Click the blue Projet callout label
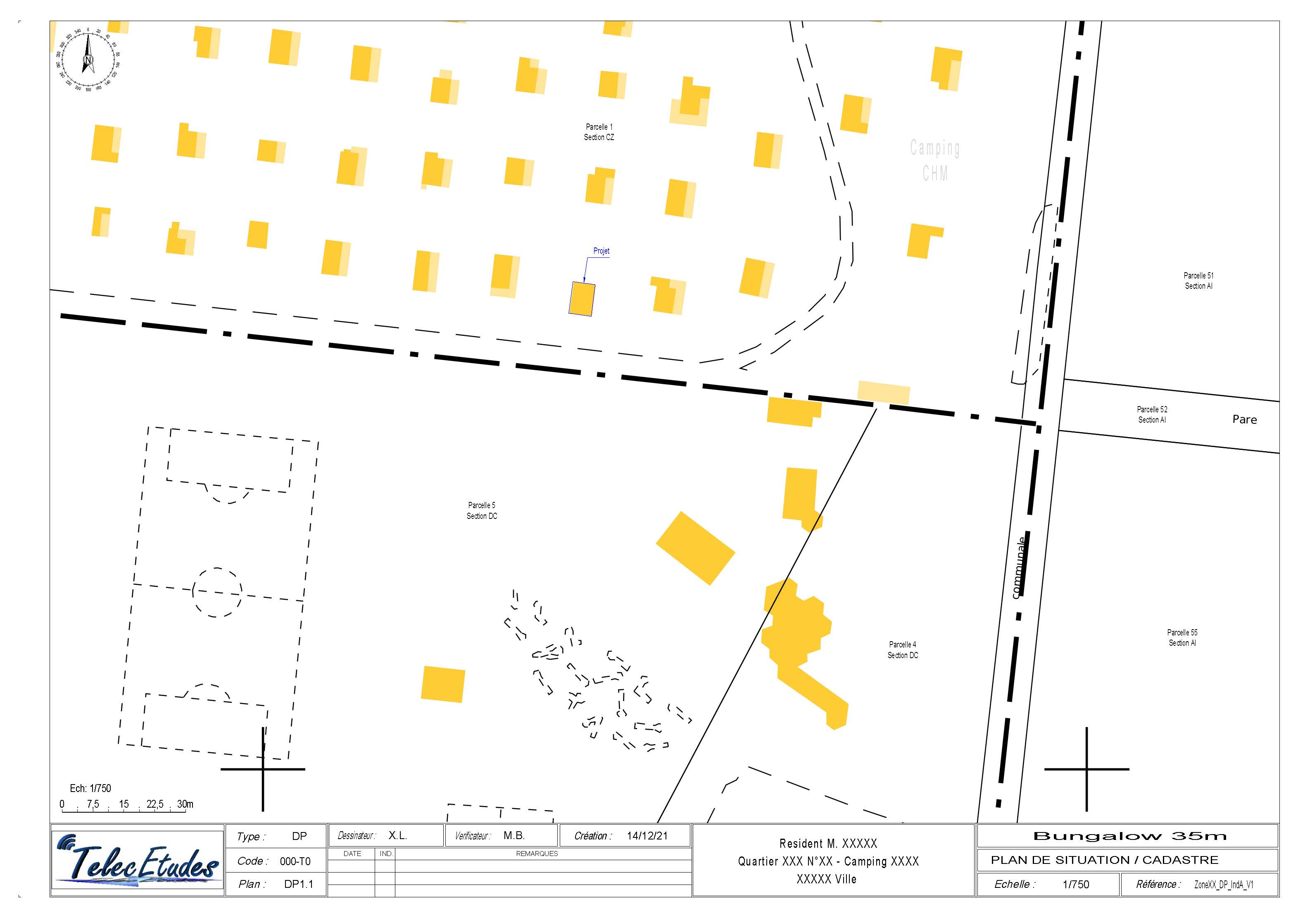[x=601, y=251]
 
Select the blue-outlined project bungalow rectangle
[x=581, y=299]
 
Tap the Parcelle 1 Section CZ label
[x=599, y=132]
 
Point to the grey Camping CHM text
[x=935, y=160]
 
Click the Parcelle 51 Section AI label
[x=1198, y=281]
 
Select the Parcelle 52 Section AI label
[x=1152, y=414]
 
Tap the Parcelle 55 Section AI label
[x=1182, y=637]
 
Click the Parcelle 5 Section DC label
[x=482, y=511]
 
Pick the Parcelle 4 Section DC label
[x=902, y=649]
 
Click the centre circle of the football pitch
[x=217, y=592]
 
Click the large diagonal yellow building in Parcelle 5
[x=695, y=548]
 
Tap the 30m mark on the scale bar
[x=185, y=804]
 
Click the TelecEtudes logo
[x=138, y=863]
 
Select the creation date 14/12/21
[x=647, y=835]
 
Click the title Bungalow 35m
[x=1129, y=836]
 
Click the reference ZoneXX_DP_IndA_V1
[x=1223, y=885]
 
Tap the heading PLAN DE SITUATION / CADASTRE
[x=1104, y=860]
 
